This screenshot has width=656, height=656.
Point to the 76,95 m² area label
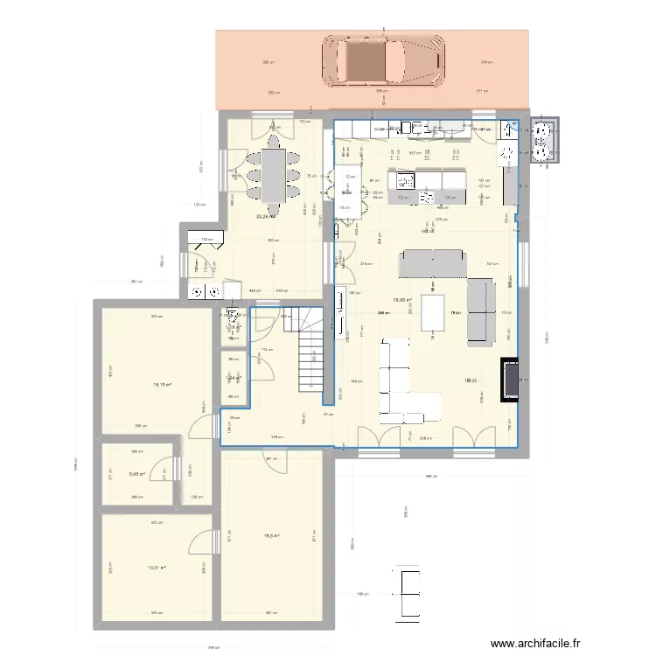pos(402,300)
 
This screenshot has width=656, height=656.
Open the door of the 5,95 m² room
pos(161,472)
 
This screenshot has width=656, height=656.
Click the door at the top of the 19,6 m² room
pos(273,461)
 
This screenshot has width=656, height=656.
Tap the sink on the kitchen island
pos(407,181)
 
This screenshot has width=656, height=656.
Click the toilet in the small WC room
pos(231,318)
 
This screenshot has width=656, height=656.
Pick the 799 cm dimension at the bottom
pos(213,648)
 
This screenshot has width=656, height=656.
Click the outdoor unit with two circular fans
pos(545,140)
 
